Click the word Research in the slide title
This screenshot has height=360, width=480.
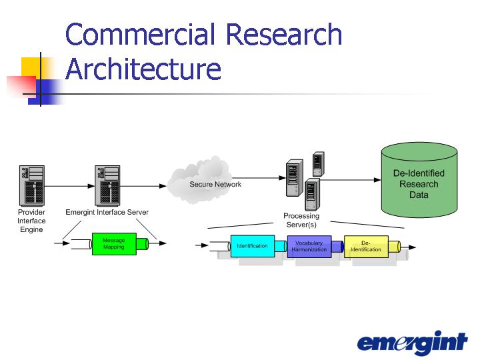pyautogui.click(x=284, y=34)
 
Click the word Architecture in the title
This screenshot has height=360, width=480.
pyautogui.click(x=143, y=69)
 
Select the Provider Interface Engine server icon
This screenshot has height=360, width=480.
pyautogui.click(x=32, y=186)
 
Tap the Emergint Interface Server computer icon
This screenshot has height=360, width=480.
pyautogui.click(x=107, y=186)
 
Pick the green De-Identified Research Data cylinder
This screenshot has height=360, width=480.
pyautogui.click(x=419, y=180)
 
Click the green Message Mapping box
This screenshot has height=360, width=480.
pyautogui.click(x=114, y=244)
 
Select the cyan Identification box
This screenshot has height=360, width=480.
pyautogui.click(x=253, y=246)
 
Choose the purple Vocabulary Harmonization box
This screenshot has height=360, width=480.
pyautogui.click(x=309, y=247)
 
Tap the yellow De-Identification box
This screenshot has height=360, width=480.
pyautogui.click(x=366, y=247)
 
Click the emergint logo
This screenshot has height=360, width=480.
pyautogui.click(x=413, y=342)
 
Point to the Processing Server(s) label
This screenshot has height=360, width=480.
pyautogui.click(x=301, y=220)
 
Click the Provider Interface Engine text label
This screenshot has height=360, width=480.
pyautogui.click(x=31, y=221)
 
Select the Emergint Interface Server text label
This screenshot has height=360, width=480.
pyautogui.click(x=107, y=212)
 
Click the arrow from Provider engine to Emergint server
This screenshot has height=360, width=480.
pyautogui.click(x=69, y=186)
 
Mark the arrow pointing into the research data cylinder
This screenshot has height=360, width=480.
pyautogui.click(x=351, y=180)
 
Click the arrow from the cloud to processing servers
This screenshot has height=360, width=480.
pyautogui.click(x=259, y=178)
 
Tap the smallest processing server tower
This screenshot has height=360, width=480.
pyautogui.click(x=319, y=164)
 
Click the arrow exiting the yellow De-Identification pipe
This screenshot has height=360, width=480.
pyautogui.click(x=409, y=247)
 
